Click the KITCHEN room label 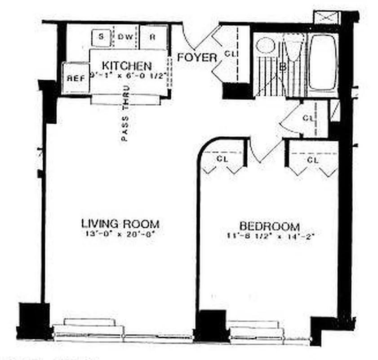click(x=126, y=66)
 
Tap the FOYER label click(x=197, y=58)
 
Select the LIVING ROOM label click(x=120, y=224)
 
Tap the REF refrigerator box click(x=75, y=78)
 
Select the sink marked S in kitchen click(x=101, y=37)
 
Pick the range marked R click(x=152, y=37)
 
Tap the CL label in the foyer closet click(x=230, y=54)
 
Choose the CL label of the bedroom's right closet click(x=313, y=160)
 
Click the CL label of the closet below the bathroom click(x=308, y=118)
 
